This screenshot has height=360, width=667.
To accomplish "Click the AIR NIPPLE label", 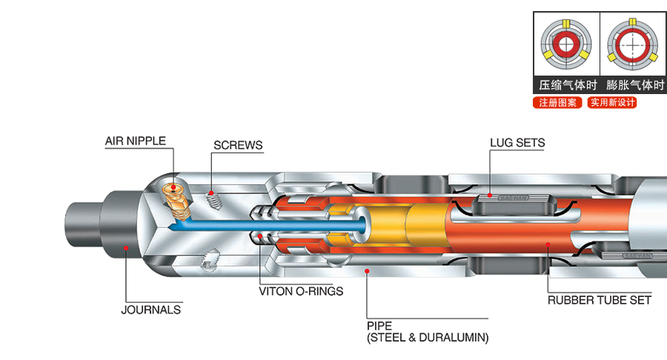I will click(135, 140).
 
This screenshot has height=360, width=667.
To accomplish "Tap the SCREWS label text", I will click(238, 145).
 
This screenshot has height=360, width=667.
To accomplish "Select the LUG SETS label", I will click(517, 142).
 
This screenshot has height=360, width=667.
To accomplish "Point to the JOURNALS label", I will click(150, 310).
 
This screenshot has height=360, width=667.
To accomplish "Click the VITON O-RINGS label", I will click(301, 291).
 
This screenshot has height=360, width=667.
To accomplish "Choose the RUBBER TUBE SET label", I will click(599, 300).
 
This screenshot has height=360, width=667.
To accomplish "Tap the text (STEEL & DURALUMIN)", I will click(428, 338).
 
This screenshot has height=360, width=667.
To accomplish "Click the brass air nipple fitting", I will click(176, 199).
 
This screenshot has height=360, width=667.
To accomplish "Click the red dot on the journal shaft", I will click(127, 248).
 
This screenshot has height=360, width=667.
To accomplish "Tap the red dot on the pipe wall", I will click(367, 272).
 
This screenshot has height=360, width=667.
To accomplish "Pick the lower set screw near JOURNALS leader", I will click(210, 260).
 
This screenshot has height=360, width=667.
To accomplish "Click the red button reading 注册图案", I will click(557, 103).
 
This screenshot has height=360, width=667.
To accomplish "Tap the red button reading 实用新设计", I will click(611, 103).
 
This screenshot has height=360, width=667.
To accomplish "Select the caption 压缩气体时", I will click(567, 84).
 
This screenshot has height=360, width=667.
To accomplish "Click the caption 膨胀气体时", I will click(632, 84).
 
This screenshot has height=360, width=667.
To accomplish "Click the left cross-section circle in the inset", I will click(567, 44).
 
